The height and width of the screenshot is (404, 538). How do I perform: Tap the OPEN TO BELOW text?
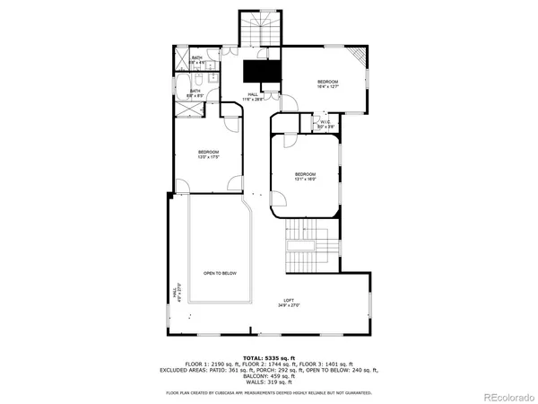[219, 273]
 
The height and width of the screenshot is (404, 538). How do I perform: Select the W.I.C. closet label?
[326, 125]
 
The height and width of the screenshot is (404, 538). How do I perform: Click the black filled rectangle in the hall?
[262, 71]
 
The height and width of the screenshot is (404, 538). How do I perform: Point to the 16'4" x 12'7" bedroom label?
[328, 84]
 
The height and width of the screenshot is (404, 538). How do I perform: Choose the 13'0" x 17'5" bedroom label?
[209, 154]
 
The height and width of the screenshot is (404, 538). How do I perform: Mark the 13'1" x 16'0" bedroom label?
[305, 176]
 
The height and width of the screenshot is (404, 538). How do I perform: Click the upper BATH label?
[197, 59]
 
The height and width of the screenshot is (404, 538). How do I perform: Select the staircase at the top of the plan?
[260, 29]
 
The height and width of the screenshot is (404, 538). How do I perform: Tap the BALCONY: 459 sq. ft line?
[269, 374]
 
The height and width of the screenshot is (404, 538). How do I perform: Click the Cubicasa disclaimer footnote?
[269, 393]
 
